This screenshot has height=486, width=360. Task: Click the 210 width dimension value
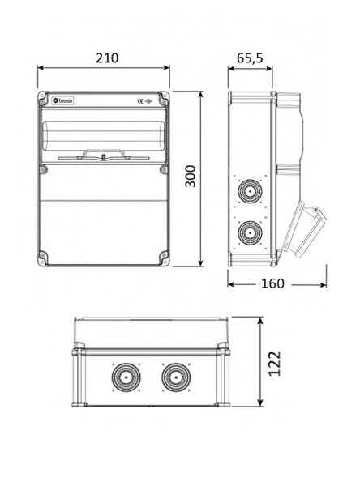pos(107,58)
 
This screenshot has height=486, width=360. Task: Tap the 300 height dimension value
pos(191,176)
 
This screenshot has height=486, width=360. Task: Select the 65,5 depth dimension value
pos(250,58)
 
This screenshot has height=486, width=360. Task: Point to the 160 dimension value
pos(272,283)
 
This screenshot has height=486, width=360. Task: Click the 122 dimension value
pos(274,363)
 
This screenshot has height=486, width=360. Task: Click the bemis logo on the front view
pos(62,100)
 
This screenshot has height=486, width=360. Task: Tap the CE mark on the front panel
pos(140,101)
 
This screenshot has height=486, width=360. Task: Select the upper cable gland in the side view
pos(250,191)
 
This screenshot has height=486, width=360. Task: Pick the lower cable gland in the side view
pos(250,232)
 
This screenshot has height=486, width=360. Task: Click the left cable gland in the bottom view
pos(126,377)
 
